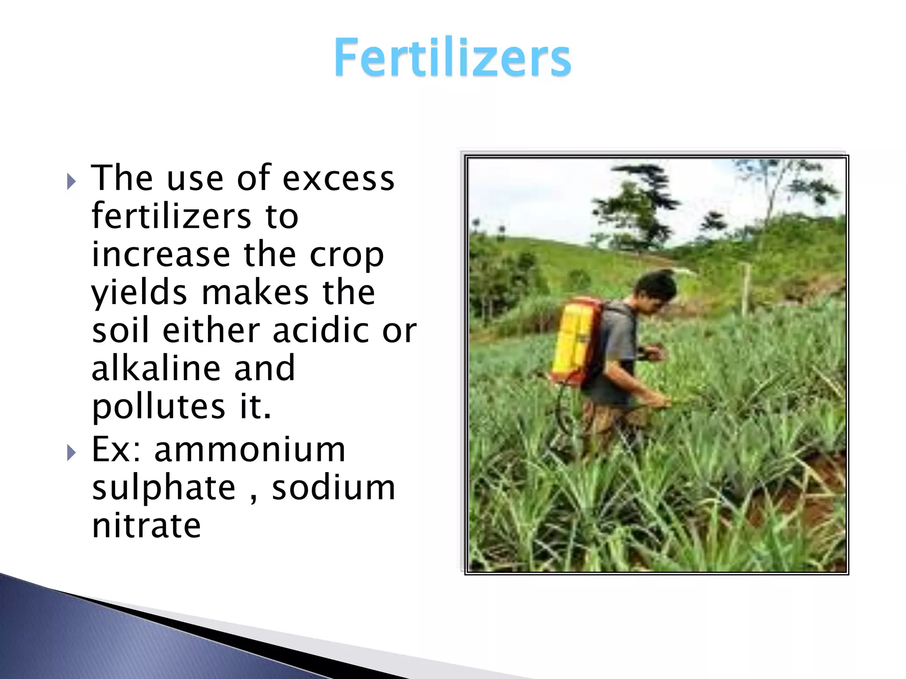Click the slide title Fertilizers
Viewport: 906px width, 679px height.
click(x=452, y=57)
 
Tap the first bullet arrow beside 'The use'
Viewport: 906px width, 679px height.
click(x=71, y=181)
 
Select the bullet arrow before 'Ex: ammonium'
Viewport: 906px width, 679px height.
click(x=71, y=453)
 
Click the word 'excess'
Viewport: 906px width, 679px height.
click(x=338, y=179)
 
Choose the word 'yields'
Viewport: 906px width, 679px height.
click(x=139, y=294)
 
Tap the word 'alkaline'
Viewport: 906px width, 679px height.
click(x=155, y=369)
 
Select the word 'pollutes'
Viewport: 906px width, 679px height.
click(x=158, y=407)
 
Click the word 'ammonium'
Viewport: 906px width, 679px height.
click(x=250, y=450)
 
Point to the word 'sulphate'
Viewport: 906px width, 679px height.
click(x=164, y=488)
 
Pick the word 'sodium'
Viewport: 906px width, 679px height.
click(x=334, y=488)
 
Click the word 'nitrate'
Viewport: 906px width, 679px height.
click(x=146, y=526)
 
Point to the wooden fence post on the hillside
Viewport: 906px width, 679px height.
click(x=746, y=290)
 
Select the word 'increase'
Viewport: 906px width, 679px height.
click(x=161, y=256)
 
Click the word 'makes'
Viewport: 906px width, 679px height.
click(x=255, y=294)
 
